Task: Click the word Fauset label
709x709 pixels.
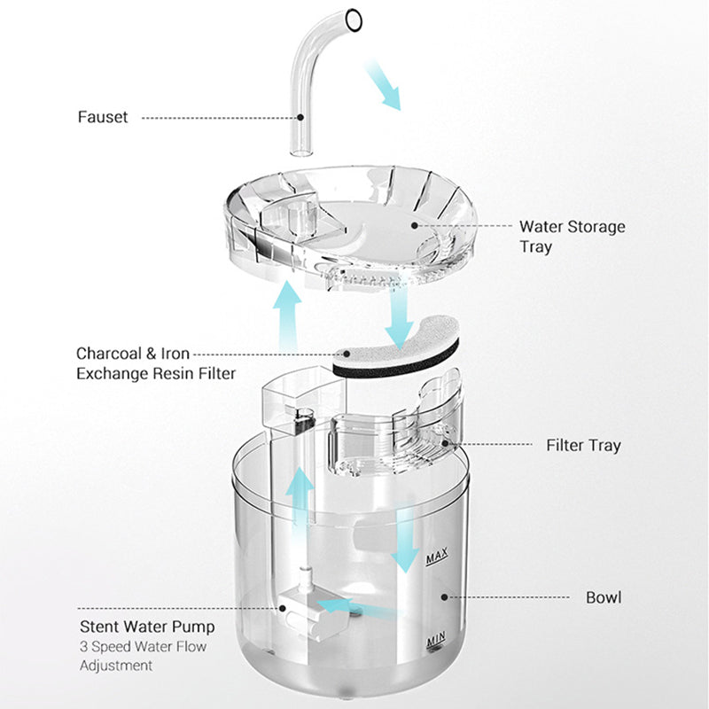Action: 103,117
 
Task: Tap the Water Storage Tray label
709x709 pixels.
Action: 572,237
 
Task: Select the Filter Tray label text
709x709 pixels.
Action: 583,446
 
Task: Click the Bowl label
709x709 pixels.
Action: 604,597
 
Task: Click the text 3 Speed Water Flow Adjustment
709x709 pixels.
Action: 143,656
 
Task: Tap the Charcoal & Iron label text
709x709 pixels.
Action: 133,353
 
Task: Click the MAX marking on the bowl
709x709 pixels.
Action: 436,558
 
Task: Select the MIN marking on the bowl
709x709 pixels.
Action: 435,638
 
